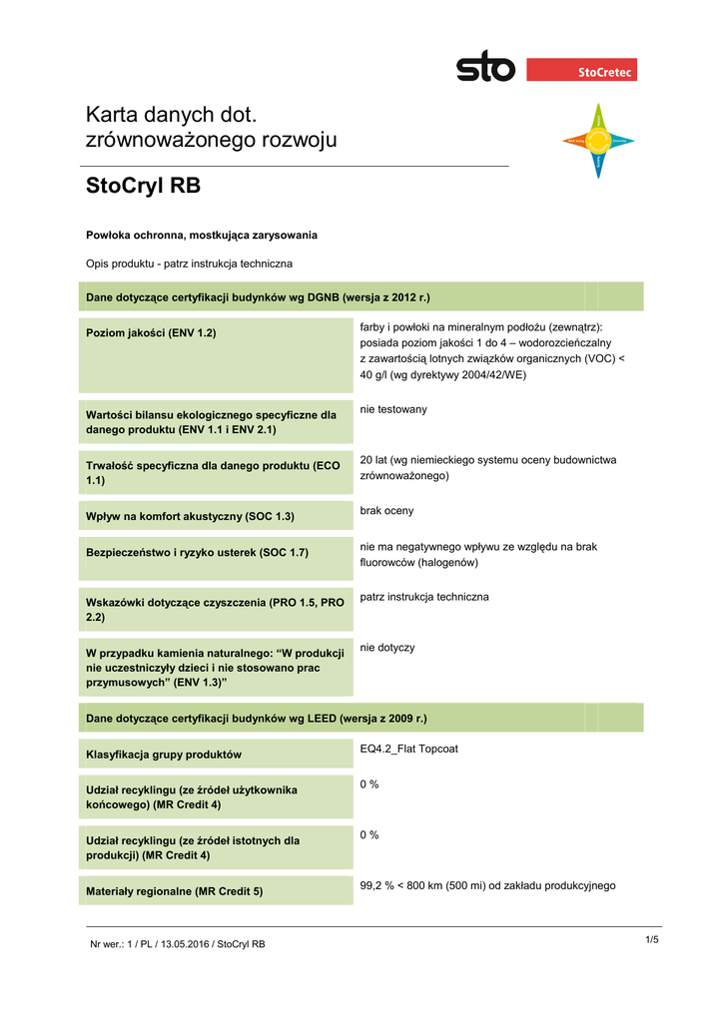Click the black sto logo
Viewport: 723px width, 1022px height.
[485, 69]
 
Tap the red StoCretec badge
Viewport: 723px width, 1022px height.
[581, 70]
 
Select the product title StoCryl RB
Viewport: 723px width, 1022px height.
[144, 186]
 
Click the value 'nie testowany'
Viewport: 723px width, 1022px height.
[393, 409]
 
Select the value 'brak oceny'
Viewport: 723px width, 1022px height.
[386, 511]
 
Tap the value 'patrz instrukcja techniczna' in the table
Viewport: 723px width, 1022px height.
[424, 597]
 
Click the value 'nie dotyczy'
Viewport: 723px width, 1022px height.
[387, 648]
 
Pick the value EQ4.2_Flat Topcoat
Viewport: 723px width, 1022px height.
[408, 749]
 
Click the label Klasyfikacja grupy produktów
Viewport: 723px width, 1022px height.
[164, 755]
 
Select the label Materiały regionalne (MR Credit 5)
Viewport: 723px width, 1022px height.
[175, 891]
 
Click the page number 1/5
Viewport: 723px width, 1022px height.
[652, 939]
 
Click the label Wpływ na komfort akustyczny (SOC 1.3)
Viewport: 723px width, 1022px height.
[191, 517]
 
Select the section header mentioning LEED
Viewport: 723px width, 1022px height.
[257, 719]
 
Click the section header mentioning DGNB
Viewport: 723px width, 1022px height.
[259, 297]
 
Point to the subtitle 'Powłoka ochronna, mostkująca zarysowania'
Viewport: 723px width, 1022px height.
[202, 236]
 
